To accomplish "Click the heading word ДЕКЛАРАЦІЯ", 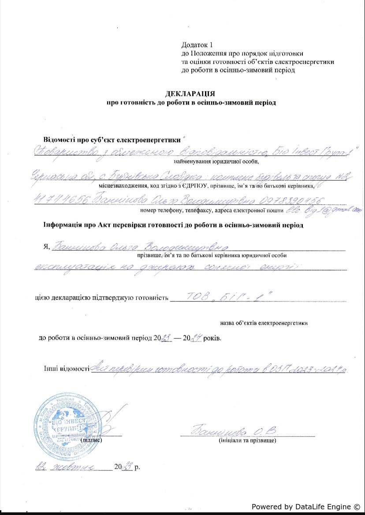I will click(190, 93).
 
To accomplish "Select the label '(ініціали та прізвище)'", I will click(247, 440).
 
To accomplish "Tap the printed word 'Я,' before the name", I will click(46, 246).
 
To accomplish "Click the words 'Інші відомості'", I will click(67, 368).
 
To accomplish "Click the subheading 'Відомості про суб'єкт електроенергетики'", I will click(112, 140).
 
